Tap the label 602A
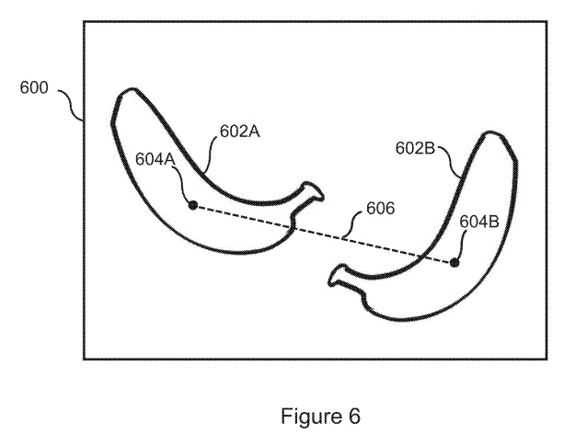[x=239, y=132]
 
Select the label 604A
[x=155, y=158]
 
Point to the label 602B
[x=416, y=147]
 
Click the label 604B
[x=479, y=221]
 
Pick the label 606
[x=380, y=209]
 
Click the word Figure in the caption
[x=306, y=417]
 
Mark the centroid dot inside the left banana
[x=193, y=205]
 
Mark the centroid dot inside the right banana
[x=454, y=263]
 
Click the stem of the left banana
[x=313, y=191]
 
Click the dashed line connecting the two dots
[x=322, y=234]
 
